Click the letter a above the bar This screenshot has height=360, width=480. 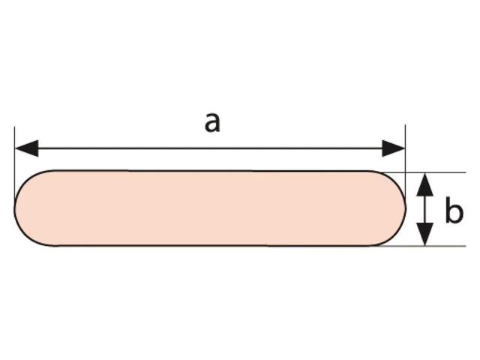[212, 123]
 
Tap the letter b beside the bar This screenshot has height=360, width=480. [454, 210]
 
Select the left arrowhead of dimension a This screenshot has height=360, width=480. [27, 148]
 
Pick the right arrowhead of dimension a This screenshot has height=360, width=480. [393, 148]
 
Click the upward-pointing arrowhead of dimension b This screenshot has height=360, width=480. [425, 184]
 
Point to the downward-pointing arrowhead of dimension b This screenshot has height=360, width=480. [425, 234]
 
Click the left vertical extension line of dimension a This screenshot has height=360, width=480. [14, 166]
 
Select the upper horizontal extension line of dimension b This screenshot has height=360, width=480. [422, 172]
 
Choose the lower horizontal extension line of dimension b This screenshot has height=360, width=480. [422, 246]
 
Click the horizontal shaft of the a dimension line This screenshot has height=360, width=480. [210, 148]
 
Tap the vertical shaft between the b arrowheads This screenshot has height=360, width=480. [425, 209]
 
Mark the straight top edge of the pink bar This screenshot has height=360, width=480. [211, 170]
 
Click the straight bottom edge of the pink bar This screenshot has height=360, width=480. [211, 245]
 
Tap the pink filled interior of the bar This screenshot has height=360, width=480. [210, 208]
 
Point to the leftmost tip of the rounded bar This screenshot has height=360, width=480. [14, 208]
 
